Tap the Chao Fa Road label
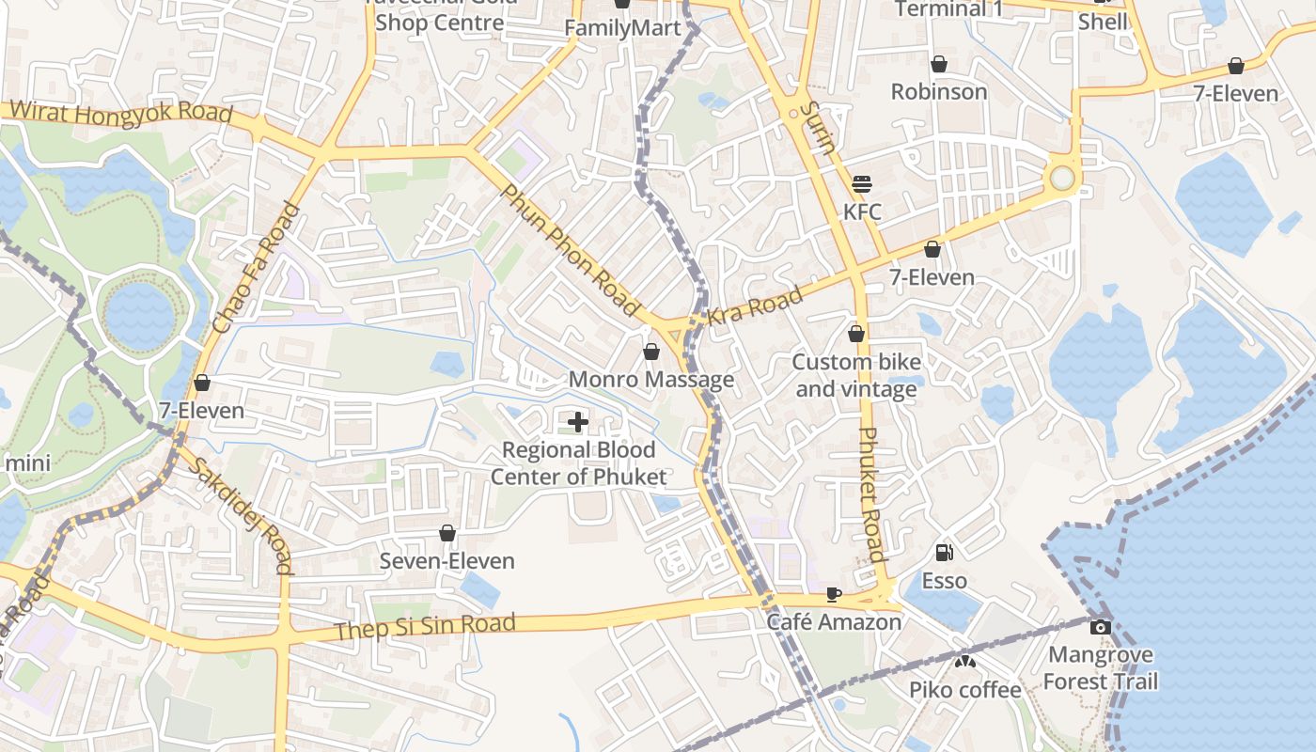click(x=255, y=269)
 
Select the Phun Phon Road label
click(x=570, y=249)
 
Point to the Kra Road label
click(x=755, y=305)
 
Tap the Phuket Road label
click(x=872, y=495)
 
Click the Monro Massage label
click(x=651, y=380)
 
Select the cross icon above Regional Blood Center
click(x=578, y=422)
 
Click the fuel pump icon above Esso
click(x=945, y=553)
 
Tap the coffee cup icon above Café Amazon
click(x=833, y=594)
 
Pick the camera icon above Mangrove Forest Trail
click(x=1101, y=627)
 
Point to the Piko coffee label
click(x=964, y=690)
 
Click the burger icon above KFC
click(x=862, y=184)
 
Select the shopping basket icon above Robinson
click(x=938, y=64)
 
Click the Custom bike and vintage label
click(x=856, y=375)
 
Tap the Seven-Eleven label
click(x=447, y=561)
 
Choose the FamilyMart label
click(x=622, y=28)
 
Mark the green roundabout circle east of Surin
click(x=1062, y=178)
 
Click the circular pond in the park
click(x=140, y=313)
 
